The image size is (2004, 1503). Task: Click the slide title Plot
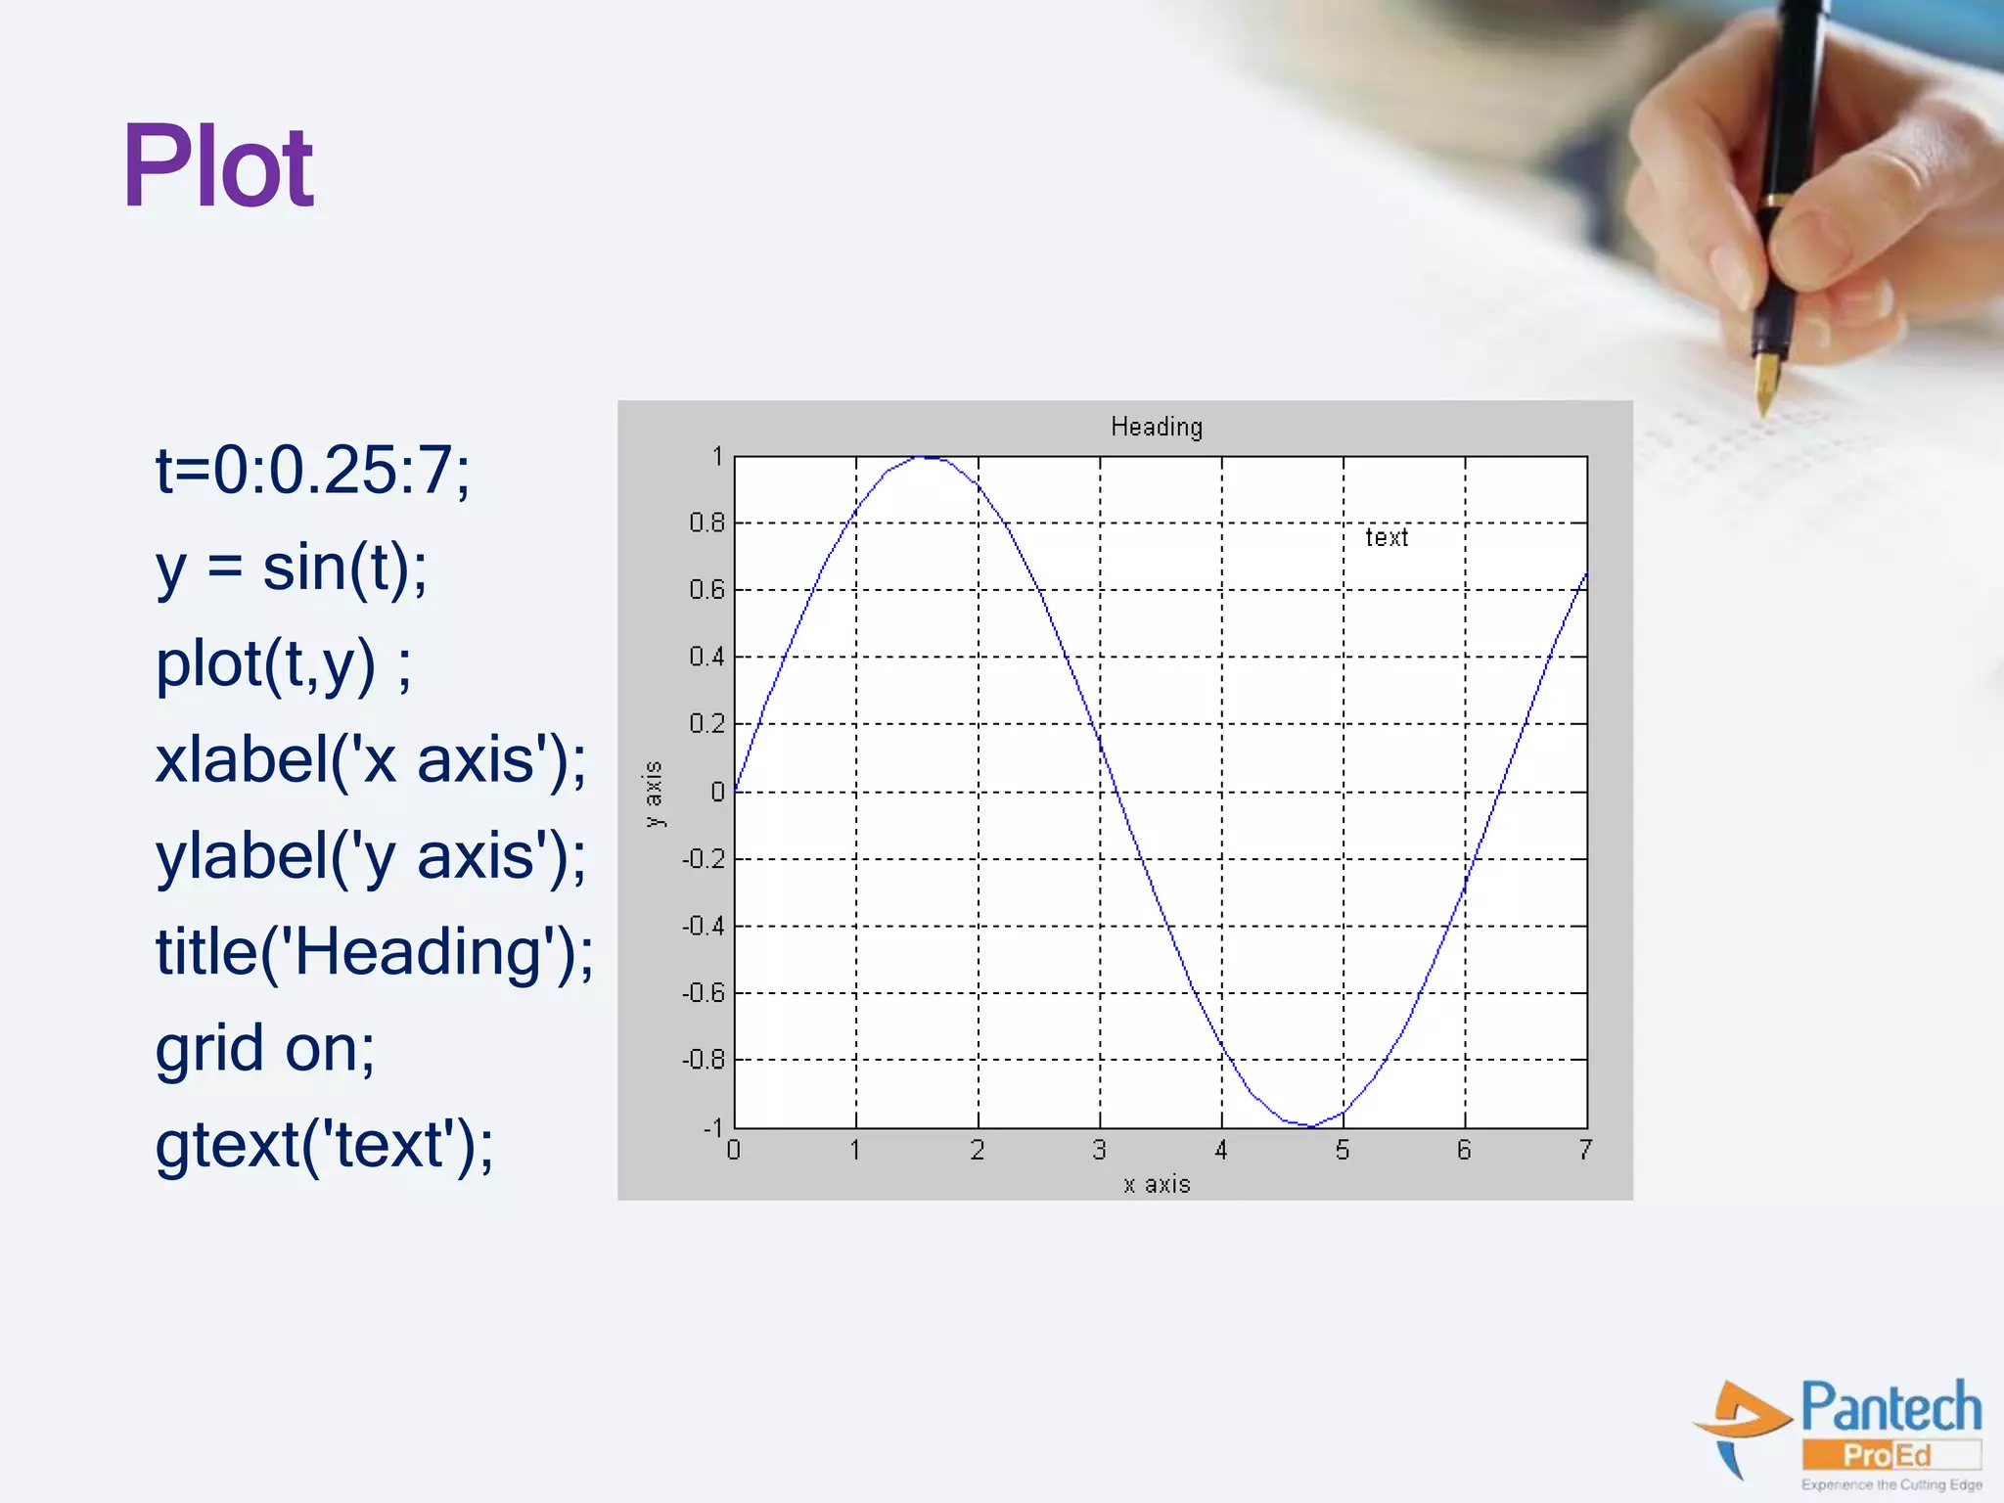(217, 167)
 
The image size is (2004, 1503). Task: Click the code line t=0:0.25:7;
(313, 471)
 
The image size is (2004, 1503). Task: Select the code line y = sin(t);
(292, 568)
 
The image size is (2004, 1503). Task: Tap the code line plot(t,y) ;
(284, 664)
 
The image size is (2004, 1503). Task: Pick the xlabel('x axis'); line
(371, 760)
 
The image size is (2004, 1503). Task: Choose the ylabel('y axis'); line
(371, 856)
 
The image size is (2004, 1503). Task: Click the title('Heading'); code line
(374, 952)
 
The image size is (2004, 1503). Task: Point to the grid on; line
(265, 1048)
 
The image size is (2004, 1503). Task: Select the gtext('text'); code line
(324, 1144)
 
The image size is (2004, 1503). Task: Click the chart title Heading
(1157, 427)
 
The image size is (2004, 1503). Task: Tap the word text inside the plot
(1387, 537)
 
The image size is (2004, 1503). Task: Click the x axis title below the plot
(1157, 1184)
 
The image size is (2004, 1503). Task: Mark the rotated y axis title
(654, 794)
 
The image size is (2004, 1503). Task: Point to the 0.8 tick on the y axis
(706, 523)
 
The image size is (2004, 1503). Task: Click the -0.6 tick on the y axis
(704, 993)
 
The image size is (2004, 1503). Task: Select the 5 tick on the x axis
(1343, 1151)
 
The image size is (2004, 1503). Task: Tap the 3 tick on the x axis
(1099, 1151)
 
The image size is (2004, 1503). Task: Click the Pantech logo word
(1890, 1407)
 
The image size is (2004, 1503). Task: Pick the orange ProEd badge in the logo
(1889, 1455)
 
